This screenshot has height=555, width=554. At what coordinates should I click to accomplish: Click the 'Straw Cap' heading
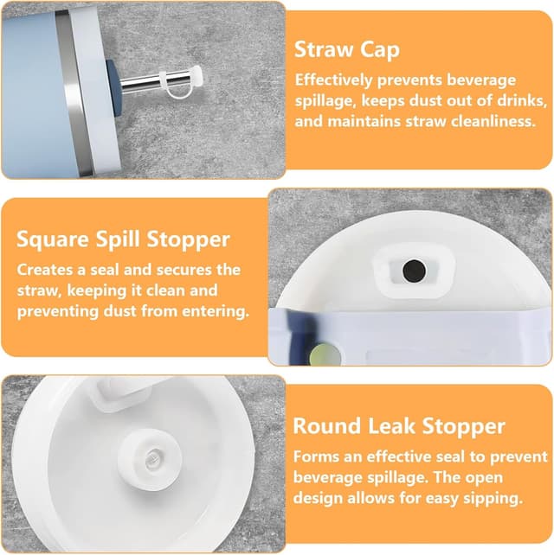(x=347, y=50)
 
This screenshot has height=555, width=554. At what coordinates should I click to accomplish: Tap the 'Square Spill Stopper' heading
(x=123, y=239)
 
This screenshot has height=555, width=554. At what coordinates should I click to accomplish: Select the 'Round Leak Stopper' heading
(x=399, y=426)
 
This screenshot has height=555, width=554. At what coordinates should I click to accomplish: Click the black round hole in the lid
(x=414, y=271)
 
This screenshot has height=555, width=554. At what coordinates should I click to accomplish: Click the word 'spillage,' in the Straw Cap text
(x=325, y=101)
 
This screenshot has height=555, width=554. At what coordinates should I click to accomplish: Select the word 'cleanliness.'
(x=493, y=121)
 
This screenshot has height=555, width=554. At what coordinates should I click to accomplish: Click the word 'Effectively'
(x=333, y=80)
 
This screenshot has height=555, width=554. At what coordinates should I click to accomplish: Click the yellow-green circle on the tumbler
(x=325, y=354)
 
